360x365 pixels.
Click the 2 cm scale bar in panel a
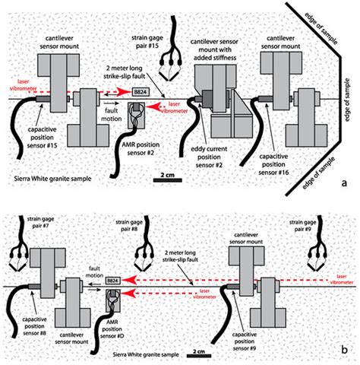pos(167,180)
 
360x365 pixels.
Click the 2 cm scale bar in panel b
pos(199,356)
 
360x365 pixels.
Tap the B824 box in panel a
pos(141,92)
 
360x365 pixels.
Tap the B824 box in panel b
pos(112,281)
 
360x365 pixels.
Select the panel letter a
pos(344,182)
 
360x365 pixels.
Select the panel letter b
pos(344,350)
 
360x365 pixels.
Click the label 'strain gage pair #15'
pos(147,42)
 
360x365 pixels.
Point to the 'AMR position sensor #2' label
pos(141,149)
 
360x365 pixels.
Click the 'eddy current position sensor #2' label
pos(209,157)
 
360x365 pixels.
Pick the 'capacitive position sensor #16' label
pos(273,164)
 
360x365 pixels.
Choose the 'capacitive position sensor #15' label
pos(42,138)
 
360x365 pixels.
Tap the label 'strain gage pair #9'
pos(303,226)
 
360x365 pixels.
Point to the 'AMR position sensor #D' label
pos(112,329)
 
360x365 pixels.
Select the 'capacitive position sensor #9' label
pos(245,341)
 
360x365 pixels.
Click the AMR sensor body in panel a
pos(137,115)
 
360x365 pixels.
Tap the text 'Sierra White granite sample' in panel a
pos(52,179)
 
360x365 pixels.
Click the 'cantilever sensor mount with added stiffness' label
pos(214,49)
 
